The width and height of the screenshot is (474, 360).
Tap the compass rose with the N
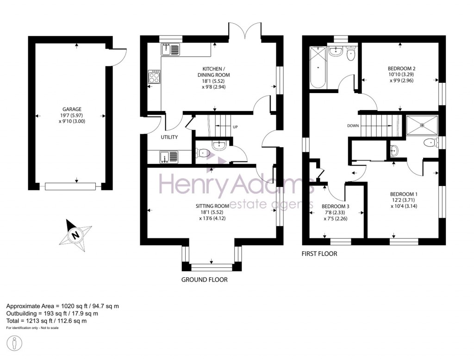[74, 235]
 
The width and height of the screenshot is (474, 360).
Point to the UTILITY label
[169, 137]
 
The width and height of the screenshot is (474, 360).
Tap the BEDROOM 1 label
[404, 194]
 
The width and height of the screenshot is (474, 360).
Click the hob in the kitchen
[154, 76]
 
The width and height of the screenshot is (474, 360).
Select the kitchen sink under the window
[170, 49]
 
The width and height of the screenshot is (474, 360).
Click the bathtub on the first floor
[318, 68]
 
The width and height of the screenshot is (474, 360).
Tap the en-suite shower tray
[421, 124]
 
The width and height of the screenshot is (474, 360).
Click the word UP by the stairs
[235, 126]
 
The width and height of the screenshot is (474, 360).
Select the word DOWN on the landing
[353, 125]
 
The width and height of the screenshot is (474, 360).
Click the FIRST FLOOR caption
[319, 254]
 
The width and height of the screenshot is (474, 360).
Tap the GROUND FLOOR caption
[204, 280]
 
